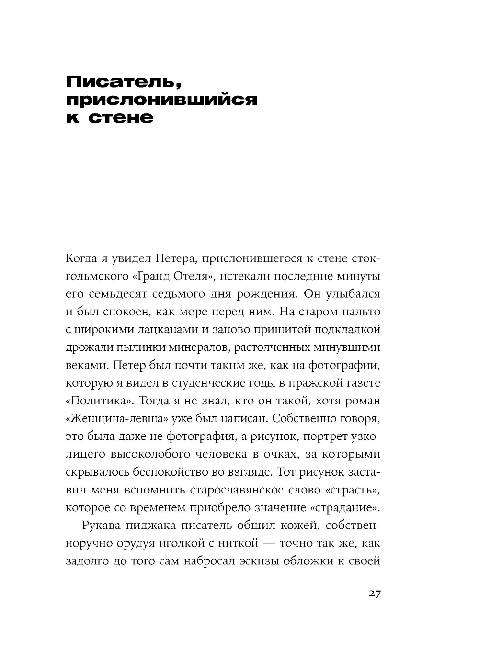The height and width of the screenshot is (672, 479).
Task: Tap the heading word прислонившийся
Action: click(x=161, y=100)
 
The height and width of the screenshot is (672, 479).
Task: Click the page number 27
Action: click(x=375, y=594)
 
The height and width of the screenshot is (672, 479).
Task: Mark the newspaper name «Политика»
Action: click(x=98, y=401)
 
